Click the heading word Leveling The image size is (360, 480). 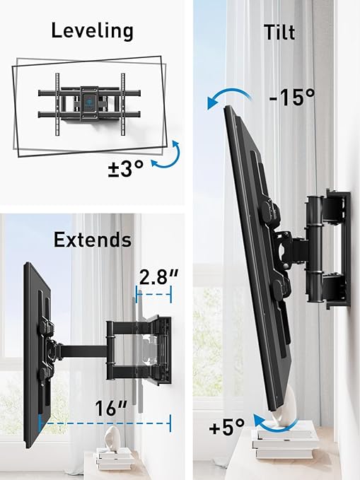[92, 31]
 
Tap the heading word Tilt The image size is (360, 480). [279, 32]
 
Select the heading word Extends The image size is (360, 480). [93, 240]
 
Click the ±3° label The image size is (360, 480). [126, 168]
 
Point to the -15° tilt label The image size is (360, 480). [292, 97]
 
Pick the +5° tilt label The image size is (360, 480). [227, 427]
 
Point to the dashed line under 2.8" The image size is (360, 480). [153, 295]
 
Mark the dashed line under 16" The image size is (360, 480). [105, 423]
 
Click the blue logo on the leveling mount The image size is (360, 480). [89, 98]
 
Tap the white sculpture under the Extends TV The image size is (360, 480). [113, 437]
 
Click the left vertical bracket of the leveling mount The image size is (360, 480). [57, 104]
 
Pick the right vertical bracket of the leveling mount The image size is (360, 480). [123, 104]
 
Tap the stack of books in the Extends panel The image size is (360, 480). [115, 457]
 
